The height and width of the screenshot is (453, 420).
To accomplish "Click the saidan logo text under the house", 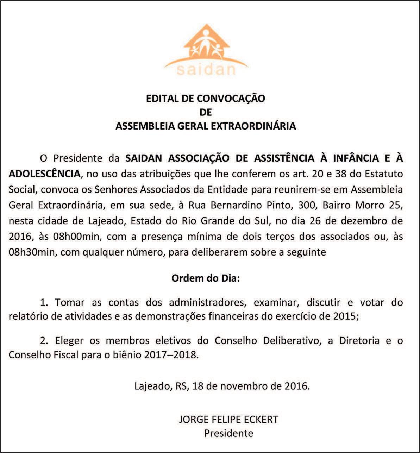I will pyautogui.click(x=206, y=69).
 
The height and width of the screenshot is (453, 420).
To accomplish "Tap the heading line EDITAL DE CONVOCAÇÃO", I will pyautogui.click(x=206, y=98).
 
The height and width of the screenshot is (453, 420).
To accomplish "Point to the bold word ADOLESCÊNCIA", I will pyautogui.click(x=44, y=174).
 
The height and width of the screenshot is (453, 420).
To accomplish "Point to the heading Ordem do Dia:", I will pyautogui.click(x=206, y=278).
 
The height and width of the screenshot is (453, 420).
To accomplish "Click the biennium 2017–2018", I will pyautogui.click(x=171, y=354).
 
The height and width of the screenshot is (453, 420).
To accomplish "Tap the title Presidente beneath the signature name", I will pyautogui.click(x=229, y=433).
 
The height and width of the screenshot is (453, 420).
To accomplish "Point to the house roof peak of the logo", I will pyautogui.click(x=207, y=25).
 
